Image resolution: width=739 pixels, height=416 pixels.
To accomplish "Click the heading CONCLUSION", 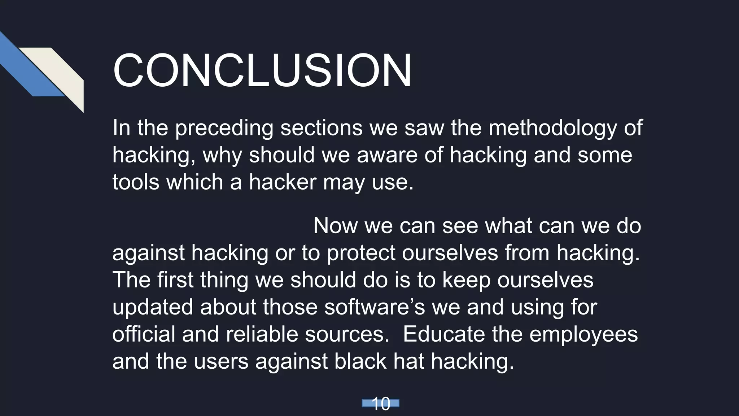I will coord(262,70).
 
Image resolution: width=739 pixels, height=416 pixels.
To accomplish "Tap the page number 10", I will coord(380,404).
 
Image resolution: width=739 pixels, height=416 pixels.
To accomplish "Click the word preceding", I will coord(224,129).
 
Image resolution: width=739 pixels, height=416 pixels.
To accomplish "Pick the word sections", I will coord(321,128).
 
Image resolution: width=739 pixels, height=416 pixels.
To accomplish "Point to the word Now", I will coord(335,226).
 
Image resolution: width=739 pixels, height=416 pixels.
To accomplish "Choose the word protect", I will coord(361,253).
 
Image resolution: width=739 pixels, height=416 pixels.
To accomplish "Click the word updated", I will coord(153,307).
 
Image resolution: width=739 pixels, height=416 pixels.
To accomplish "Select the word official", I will coord(144,334).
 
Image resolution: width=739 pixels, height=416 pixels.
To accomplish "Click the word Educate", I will coord(444,334).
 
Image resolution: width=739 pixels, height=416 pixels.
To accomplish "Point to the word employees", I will coord(583,335).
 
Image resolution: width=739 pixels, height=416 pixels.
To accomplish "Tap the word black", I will coord(360,361).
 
